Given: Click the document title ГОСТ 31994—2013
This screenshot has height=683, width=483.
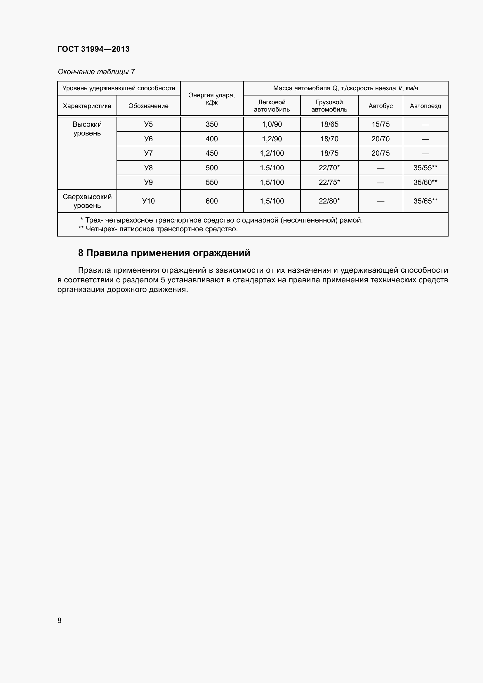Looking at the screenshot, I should pos(93,49).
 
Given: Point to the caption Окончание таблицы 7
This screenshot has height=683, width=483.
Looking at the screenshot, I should pos(96,72).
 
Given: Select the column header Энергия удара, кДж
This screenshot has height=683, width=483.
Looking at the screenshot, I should pos(211,99).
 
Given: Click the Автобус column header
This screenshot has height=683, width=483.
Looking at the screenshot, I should pos(381,106).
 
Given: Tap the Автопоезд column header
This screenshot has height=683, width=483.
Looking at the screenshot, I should pos(425,106).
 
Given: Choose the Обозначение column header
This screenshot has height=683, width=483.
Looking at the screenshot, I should pos(148,106).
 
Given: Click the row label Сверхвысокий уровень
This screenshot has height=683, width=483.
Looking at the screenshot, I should pos(87,201).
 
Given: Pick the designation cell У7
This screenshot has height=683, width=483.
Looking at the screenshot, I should pos(148,153).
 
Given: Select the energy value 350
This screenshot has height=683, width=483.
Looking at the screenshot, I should pos(211,124).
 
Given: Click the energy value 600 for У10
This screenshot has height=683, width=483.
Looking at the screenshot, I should pos(211,201).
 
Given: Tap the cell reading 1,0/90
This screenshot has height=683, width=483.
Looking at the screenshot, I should pos(272,124).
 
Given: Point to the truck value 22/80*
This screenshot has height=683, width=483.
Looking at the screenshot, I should pos(329,201).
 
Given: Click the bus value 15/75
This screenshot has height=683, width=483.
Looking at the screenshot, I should pos(381,124).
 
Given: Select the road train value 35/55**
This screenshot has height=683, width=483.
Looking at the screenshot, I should pos(425,168).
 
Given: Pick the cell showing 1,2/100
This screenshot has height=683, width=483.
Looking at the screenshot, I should pos(272,153).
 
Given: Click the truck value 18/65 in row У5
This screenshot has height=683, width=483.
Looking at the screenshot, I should pos(329,124).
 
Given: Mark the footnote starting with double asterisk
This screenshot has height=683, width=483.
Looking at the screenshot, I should pos(158,229).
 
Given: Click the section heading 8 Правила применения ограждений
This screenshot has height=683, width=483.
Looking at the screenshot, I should pos(164,253).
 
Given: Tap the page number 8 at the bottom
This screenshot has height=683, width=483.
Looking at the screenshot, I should pos(60,620).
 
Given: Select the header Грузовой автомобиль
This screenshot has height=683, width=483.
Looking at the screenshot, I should pos(329,106).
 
